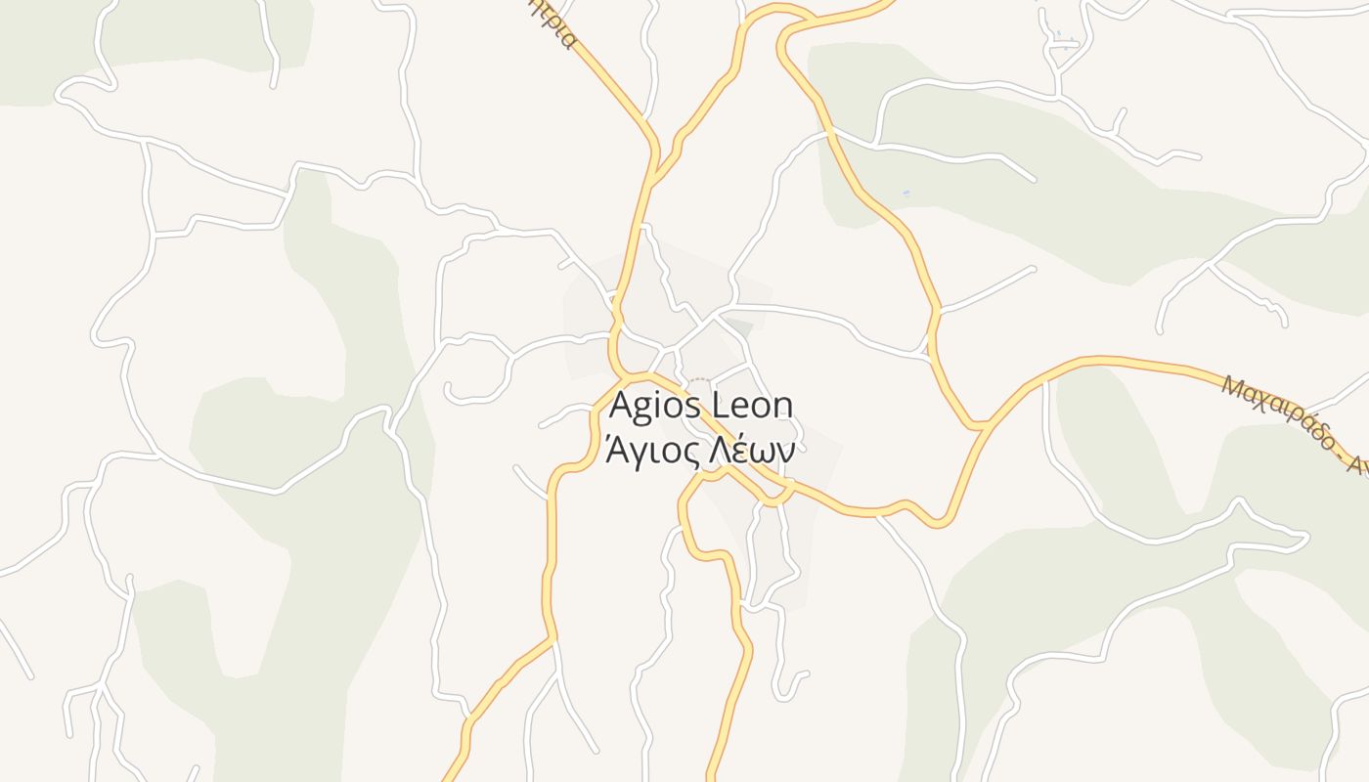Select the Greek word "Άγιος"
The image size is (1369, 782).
click(652, 451)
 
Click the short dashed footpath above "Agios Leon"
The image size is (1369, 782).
click(699, 379)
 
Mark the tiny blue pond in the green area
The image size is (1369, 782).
click(906, 193)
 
